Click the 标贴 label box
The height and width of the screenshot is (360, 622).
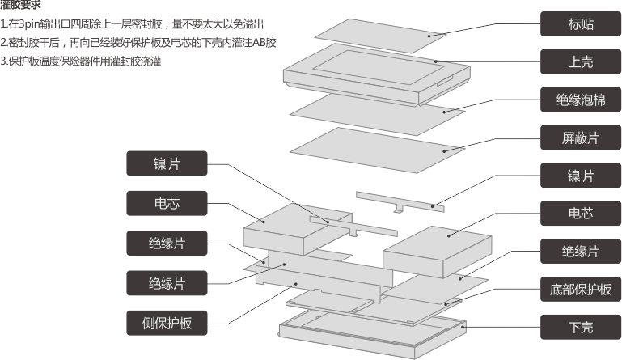(581, 23)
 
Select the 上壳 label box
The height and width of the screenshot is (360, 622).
(581, 61)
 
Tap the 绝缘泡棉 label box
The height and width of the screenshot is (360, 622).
(581, 100)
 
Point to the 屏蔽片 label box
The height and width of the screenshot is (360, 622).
(581, 138)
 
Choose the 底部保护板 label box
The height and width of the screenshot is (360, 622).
(581, 289)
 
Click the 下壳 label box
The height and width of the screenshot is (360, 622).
(581, 327)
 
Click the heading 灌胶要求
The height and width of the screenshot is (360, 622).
(21, 6)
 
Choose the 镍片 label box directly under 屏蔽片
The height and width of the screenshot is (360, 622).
(581, 176)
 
